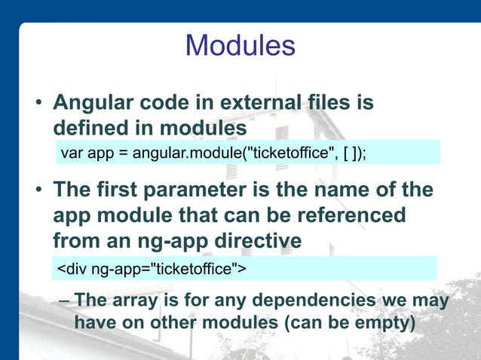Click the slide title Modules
[x=240, y=46]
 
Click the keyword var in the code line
[x=70, y=154]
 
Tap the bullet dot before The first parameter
[x=35, y=191]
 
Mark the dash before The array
[x=65, y=302]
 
